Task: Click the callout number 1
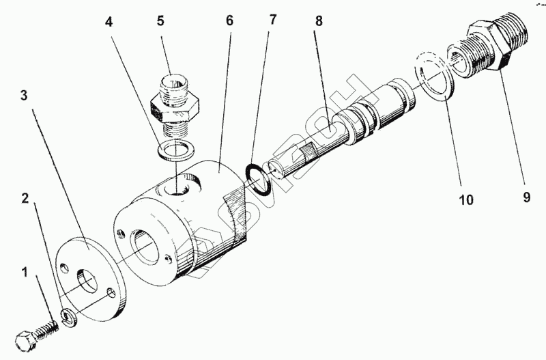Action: [25, 274]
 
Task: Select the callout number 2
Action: [25, 199]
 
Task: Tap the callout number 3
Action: [25, 96]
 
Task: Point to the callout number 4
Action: [109, 21]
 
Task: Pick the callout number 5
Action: [161, 20]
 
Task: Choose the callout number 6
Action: [229, 20]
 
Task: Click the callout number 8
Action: [319, 20]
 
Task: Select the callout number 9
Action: [526, 198]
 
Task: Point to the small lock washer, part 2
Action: [67, 315]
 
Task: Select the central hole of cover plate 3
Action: [87, 280]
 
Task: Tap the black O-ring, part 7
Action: [257, 177]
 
